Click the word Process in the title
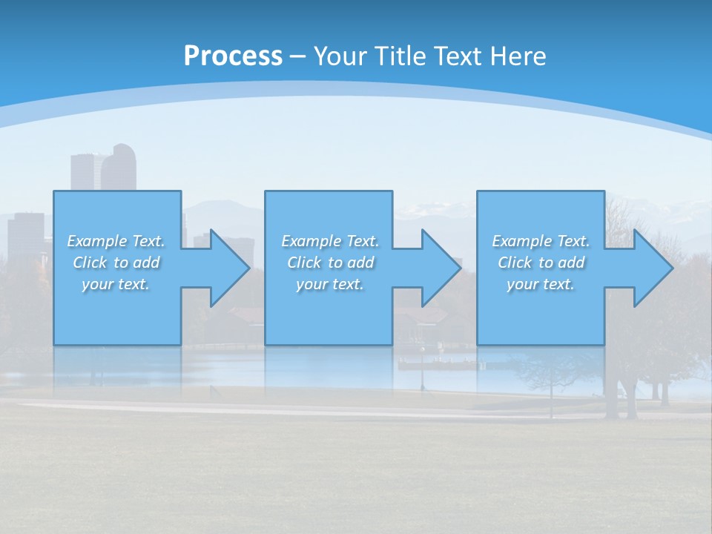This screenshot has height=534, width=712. [x=233, y=56]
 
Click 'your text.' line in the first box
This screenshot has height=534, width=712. [x=116, y=284]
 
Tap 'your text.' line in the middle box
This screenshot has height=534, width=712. [x=330, y=284]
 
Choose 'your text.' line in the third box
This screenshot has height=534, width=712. [x=541, y=284]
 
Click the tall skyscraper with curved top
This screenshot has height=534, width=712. [x=119, y=168]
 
